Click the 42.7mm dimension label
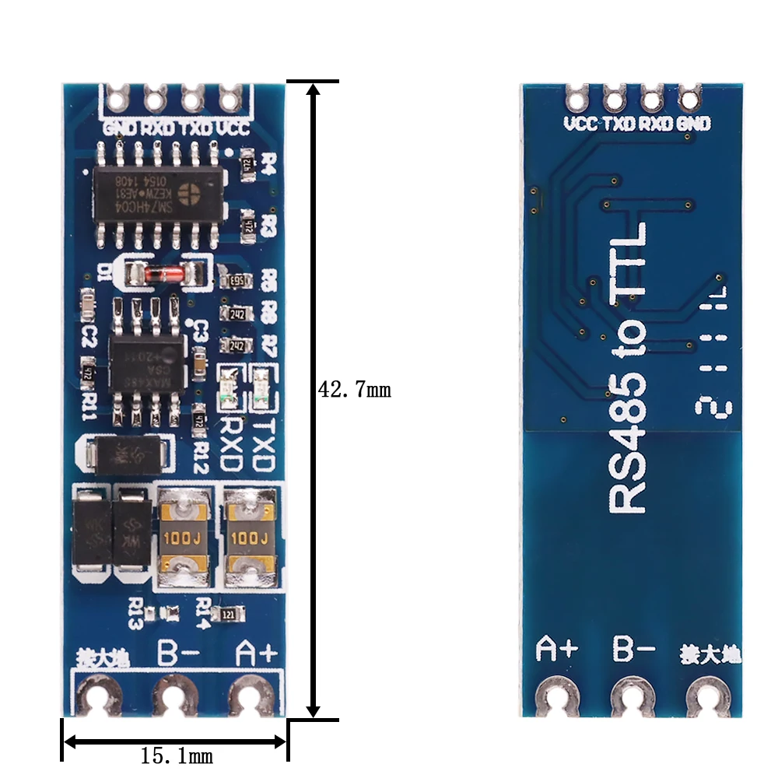(x=355, y=389)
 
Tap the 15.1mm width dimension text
(x=177, y=755)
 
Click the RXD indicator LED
(x=229, y=387)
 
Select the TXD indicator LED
(x=262, y=387)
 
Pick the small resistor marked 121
(x=229, y=614)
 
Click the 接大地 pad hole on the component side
(x=96, y=694)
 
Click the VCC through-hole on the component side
(x=228, y=98)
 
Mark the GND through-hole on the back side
(x=689, y=98)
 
